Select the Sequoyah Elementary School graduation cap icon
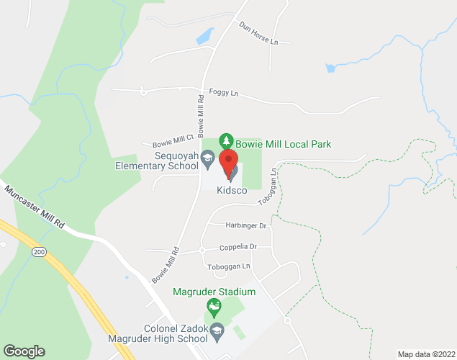[207, 157]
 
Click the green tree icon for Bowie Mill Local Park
[226, 140]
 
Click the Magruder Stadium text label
[214, 292]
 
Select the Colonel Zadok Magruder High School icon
[217, 331]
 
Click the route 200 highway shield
[40, 251]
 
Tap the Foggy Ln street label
[222, 91]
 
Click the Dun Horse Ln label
[258, 33]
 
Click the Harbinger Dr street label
[246, 225]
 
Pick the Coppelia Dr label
[237, 246]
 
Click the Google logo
[23, 351]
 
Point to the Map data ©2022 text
[425, 354]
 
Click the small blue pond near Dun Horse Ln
[204, 35]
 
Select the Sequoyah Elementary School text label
[156, 161]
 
